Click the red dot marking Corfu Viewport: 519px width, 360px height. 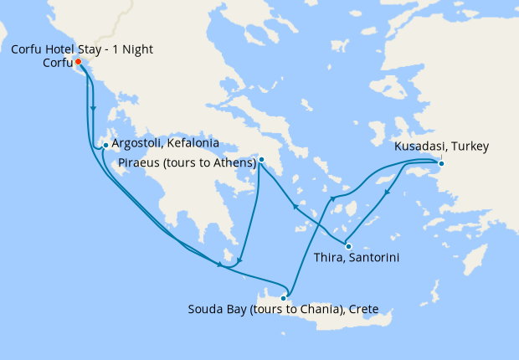click(77, 62)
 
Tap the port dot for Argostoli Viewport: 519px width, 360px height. click(105, 146)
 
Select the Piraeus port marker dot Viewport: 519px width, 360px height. click(261, 159)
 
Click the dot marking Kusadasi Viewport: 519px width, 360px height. click(441, 162)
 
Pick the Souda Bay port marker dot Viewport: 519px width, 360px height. click(285, 297)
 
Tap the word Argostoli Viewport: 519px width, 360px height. click(140, 144)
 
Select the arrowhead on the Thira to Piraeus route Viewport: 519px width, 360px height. click(294, 206)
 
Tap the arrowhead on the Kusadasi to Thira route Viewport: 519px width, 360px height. click(387, 193)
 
